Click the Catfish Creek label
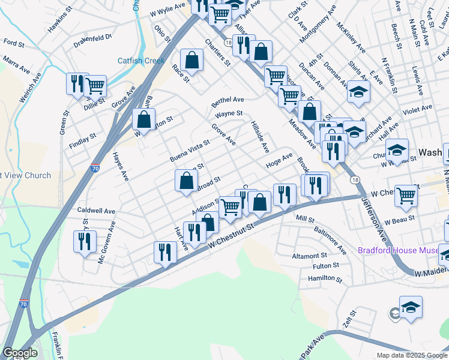click(x=140, y=61)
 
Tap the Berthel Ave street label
click(x=228, y=100)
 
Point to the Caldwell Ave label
click(x=96, y=211)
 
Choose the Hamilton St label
click(x=325, y=279)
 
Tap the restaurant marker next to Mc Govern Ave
click(x=84, y=241)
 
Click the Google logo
click(x=20, y=353)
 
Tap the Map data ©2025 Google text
click(x=411, y=355)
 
